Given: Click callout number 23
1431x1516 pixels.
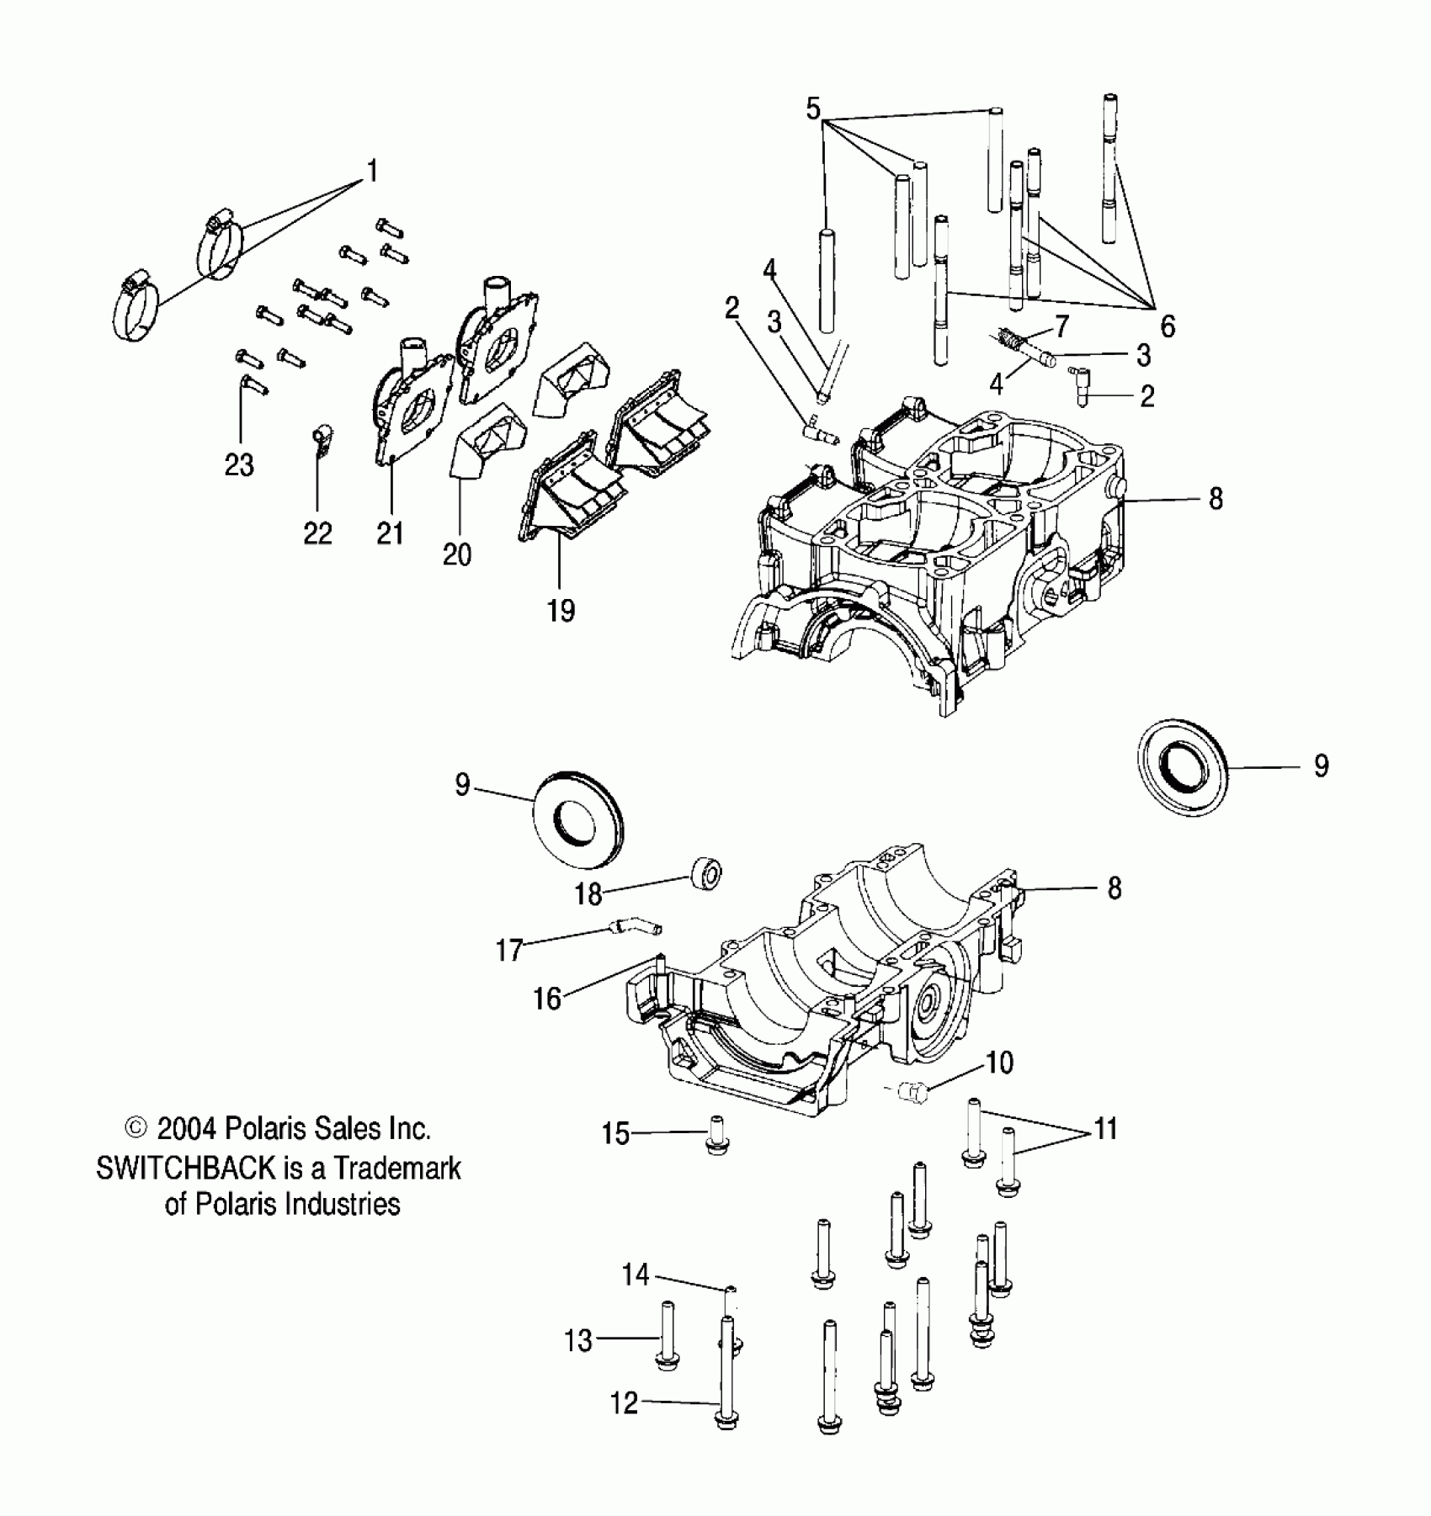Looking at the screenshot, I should click(x=239, y=464).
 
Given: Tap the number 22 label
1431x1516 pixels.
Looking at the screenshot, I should click(x=317, y=533).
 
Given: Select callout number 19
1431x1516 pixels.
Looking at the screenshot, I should click(x=561, y=610).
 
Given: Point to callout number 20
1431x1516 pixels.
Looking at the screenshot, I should click(x=457, y=554).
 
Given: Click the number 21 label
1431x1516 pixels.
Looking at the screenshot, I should click(x=390, y=533).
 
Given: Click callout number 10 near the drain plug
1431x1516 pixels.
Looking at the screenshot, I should click(x=999, y=1063).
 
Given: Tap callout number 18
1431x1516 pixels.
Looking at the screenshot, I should click(x=588, y=894).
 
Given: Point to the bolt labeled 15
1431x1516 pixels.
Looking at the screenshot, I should click(x=717, y=1136).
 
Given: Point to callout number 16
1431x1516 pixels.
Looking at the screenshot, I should click(x=547, y=999).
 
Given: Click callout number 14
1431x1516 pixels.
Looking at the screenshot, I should click(x=635, y=1275).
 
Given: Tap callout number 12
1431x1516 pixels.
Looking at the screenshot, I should click(x=624, y=1403).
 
